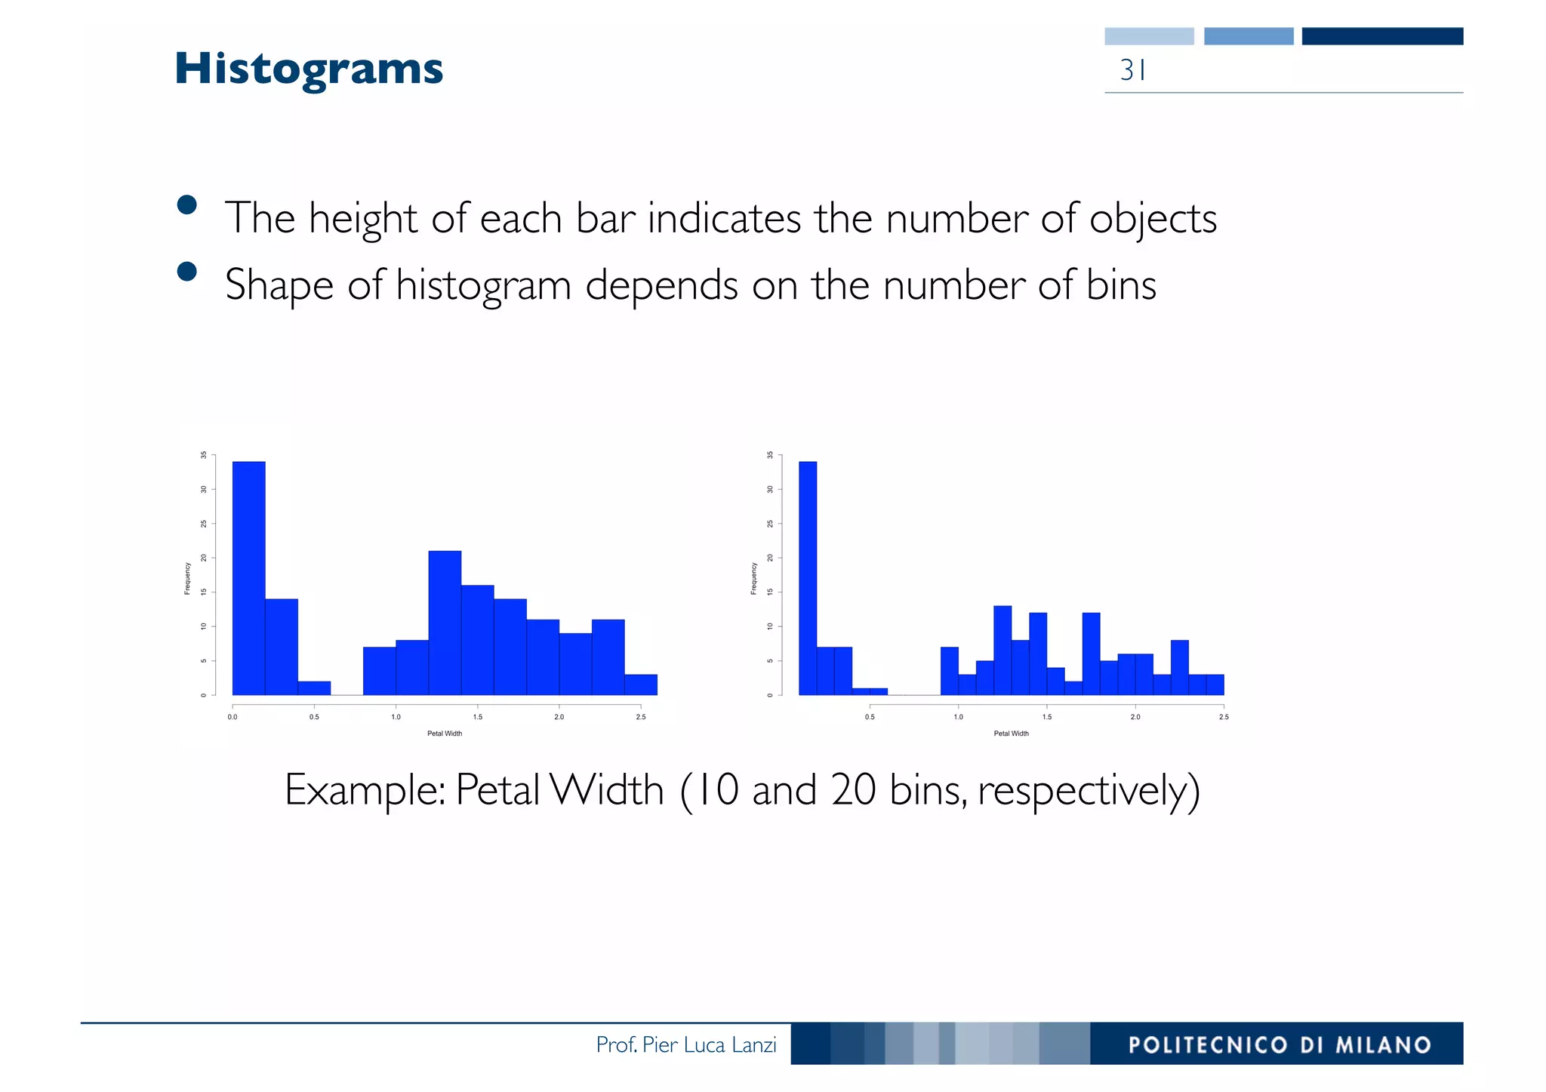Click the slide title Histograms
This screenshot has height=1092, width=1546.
click(309, 69)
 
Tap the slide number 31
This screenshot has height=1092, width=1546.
click(1133, 70)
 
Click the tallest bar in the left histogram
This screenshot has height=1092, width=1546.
click(248, 578)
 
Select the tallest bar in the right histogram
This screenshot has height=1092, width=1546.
click(808, 578)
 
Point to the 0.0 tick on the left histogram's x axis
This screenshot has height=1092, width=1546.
click(233, 717)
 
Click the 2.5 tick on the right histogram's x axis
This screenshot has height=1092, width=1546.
click(1224, 717)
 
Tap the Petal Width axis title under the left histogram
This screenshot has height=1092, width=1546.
click(445, 734)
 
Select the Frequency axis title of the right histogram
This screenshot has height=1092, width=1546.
click(753, 579)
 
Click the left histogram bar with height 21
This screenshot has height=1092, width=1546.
click(445, 623)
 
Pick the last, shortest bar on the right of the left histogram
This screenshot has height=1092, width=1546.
click(641, 684)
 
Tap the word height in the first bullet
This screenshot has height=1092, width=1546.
click(362, 219)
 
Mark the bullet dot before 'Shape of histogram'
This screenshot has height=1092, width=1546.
click(186, 272)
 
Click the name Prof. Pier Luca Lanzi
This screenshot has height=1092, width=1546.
click(686, 1044)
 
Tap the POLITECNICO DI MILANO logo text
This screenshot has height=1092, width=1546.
click(1280, 1044)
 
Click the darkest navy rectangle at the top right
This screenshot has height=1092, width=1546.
click(1382, 36)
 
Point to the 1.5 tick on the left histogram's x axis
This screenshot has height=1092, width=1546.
click(478, 717)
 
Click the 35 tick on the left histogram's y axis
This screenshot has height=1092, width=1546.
click(203, 455)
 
